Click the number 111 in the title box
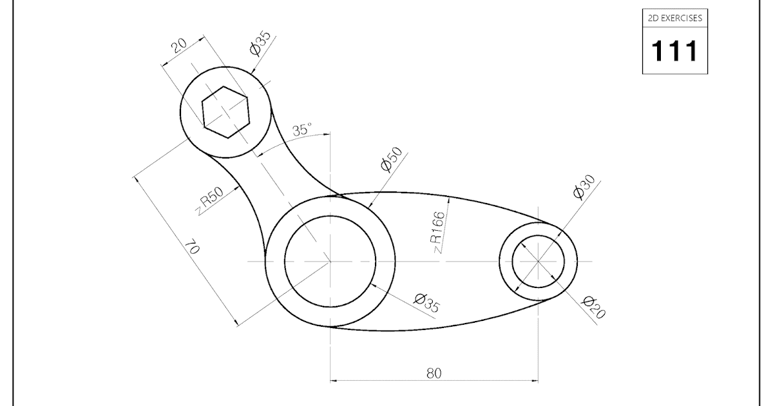pyautogui.click(x=674, y=50)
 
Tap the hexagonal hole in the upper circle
pyautogui.click(x=225, y=111)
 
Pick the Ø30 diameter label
pyautogui.click(x=583, y=188)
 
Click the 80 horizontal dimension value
pyautogui.click(x=434, y=373)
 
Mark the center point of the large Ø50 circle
pyautogui.click(x=330, y=261)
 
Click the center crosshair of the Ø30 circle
pyautogui.click(x=538, y=261)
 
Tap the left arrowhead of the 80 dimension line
pyautogui.click(x=334, y=380)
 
